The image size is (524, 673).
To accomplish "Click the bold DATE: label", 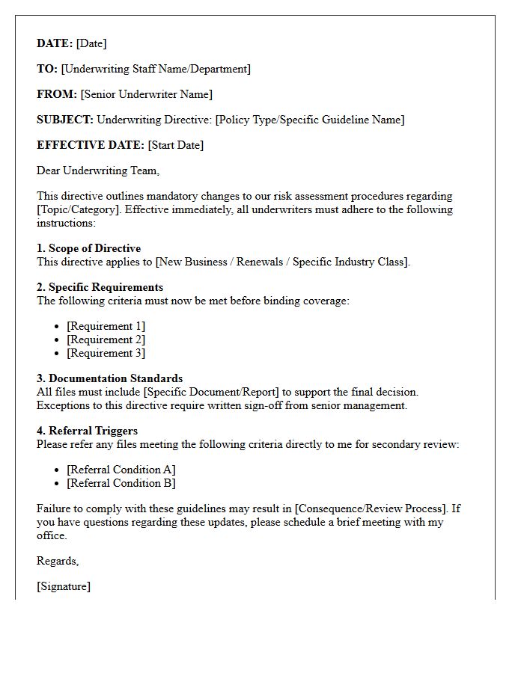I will click(55, 43).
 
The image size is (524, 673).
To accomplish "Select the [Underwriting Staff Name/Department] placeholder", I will click(156, 69).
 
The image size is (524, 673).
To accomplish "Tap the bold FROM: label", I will click(57, 94).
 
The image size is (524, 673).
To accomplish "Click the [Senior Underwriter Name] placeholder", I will click(147, 94).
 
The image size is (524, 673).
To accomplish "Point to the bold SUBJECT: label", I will click(65, 120).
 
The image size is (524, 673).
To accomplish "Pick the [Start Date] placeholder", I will click(176, 145).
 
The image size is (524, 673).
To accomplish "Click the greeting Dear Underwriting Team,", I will click(98, 170).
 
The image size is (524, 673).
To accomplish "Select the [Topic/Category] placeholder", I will click(79, 209).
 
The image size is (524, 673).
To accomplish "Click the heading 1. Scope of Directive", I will click(88, 248).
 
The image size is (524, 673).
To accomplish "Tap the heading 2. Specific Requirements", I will click(100, 287).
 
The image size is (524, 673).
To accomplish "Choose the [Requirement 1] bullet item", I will click(106, 326).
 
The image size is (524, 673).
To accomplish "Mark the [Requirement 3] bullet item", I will click(106, 353).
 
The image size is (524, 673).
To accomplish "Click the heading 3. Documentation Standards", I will click(109, 378).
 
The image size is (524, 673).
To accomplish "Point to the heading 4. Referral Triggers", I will click(87, 431).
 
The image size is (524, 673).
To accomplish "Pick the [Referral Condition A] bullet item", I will click(121, 470).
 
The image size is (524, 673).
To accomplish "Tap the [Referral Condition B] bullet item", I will click(121, 483).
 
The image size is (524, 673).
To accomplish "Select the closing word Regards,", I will click(58, 561).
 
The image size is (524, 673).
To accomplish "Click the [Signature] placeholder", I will click(64, 586).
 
